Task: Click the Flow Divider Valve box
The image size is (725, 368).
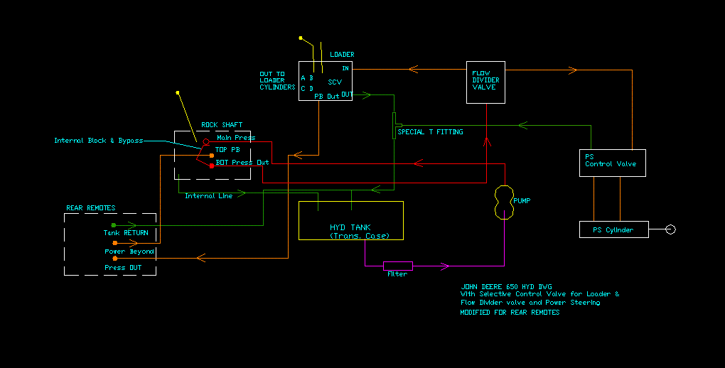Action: (485, 82)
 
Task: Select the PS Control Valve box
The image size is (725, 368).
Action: (612, 163)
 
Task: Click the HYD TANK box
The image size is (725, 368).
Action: (350, 221)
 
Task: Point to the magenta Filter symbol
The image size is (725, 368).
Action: (397, 266)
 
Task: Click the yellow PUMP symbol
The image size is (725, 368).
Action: (503, 202)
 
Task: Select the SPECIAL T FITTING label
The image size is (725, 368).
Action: (430, 132)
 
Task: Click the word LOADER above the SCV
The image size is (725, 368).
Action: (342, 55)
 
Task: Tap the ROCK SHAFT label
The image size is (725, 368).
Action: (222, 125)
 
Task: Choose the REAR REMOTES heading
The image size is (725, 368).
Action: (90, 208)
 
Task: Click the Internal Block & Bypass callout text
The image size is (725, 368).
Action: (98, 141)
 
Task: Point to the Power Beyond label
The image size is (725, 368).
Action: (129, 251)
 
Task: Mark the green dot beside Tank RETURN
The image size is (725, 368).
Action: (113, 225)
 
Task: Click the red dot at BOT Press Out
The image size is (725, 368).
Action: (211, 166)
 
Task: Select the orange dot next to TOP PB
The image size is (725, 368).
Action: (211, 155)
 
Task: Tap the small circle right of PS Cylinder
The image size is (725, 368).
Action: (670, 229)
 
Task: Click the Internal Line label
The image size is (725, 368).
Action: (208, 196)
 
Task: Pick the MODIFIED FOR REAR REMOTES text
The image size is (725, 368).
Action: (509, 313)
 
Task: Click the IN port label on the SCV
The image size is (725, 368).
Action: (345, 68)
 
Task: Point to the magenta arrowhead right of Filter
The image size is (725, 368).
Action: (444, 266)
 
